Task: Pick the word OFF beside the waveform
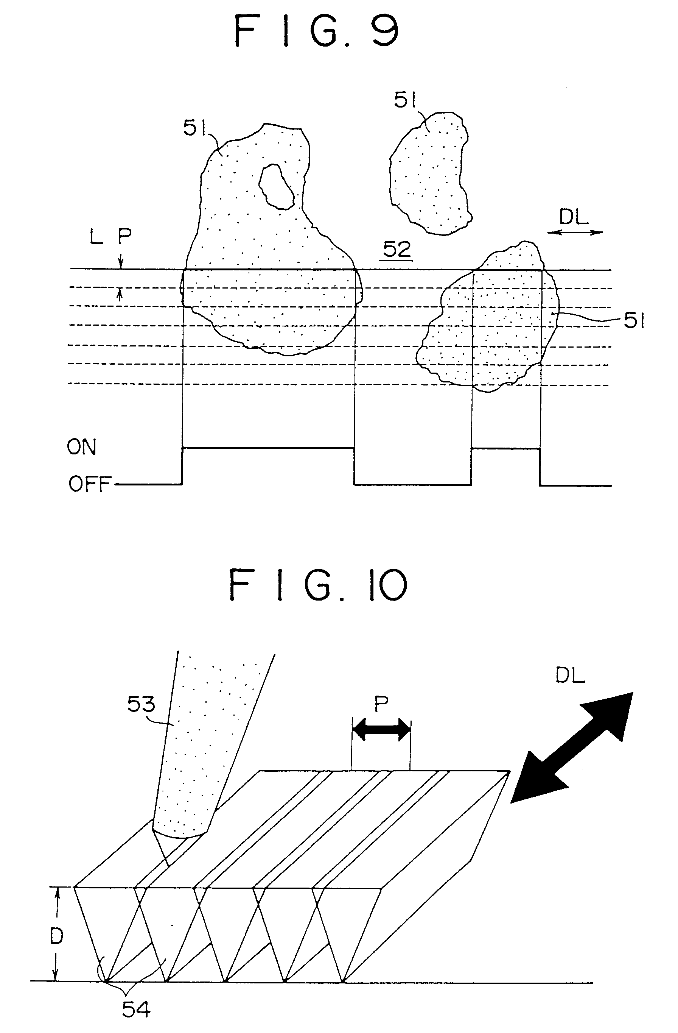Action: coord(90,484)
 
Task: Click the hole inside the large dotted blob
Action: coord(276,187)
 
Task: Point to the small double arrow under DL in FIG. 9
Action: coord(575,233)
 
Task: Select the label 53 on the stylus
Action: coord(141,704)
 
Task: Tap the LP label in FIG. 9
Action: coord(110,237)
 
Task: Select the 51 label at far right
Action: coord(634,321)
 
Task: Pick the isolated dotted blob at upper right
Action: coord(429,173)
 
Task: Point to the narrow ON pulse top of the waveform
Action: coord(506,449)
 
